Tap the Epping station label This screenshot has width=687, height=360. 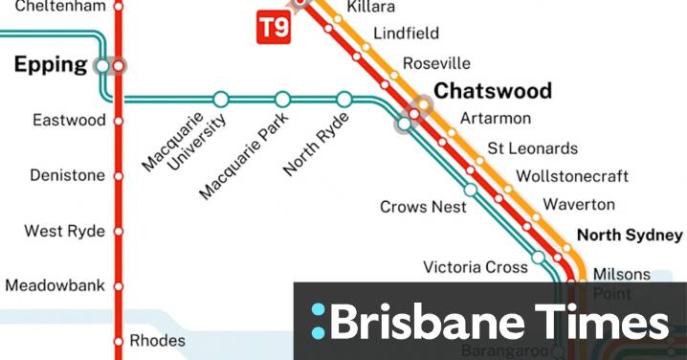(49, 65)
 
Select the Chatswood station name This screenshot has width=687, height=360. (493, 91)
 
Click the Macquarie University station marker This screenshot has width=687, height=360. (221, 99)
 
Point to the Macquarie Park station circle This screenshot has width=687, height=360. (282, 99)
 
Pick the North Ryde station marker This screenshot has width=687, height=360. (344, 99)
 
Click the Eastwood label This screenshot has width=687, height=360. (68, 121)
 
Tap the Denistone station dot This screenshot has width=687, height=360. (119, 176)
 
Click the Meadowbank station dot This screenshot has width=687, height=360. (119, 285)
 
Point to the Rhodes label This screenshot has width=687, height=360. (157, 340)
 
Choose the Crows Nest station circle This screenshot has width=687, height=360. (470, 190)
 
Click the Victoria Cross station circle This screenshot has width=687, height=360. (539, 258)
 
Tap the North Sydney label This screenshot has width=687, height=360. (630, 235)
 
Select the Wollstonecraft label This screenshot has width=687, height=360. (571, 176)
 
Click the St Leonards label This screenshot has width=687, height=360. (532, 148)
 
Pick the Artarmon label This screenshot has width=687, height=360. (495, 119)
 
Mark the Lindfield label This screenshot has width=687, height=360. (406, 34)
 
